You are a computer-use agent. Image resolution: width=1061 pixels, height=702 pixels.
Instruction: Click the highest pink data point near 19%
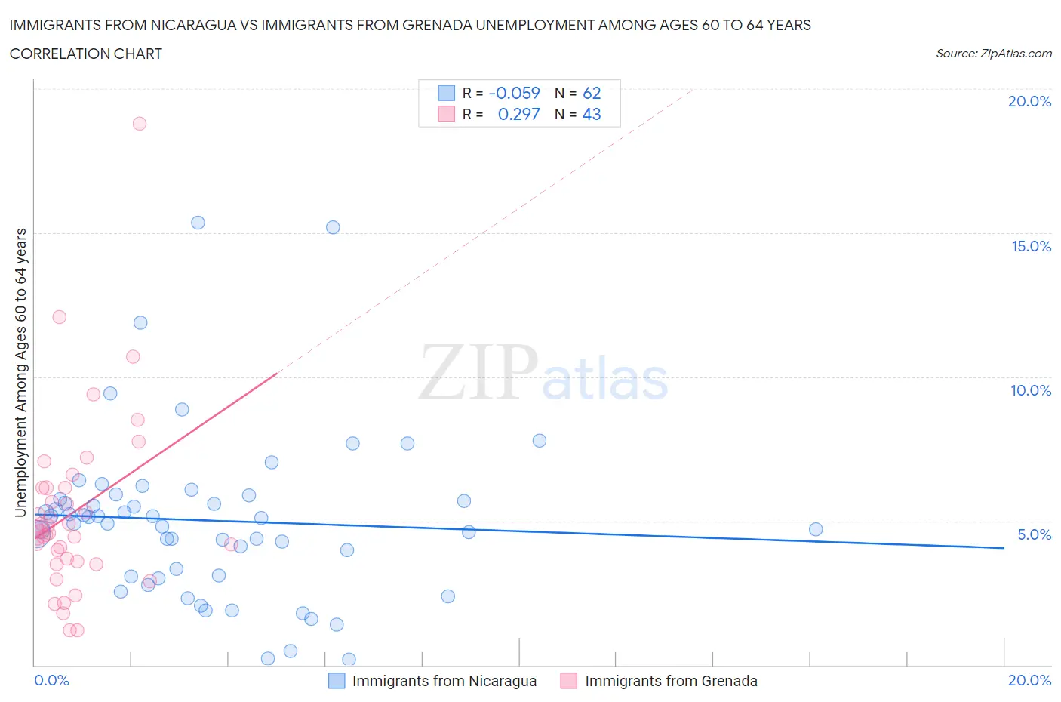tap(140, 124)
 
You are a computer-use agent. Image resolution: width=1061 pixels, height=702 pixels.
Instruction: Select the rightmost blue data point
tap(816, 529)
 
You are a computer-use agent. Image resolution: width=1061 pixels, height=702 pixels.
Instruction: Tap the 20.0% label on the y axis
tap(1029, 101)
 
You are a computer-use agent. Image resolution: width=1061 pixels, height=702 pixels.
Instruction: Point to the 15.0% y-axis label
tap(1031, 246)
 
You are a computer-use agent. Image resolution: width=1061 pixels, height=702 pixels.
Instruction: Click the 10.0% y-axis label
tap(1031, 390)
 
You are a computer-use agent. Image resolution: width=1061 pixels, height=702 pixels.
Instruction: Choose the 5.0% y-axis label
tap(1034, 534)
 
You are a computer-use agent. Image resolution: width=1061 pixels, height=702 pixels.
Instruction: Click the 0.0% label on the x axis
tap(51, 680)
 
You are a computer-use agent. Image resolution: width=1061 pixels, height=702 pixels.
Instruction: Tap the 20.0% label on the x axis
tap(1029, 680)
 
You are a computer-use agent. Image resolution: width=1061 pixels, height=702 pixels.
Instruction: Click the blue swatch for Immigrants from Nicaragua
tap(337, 681)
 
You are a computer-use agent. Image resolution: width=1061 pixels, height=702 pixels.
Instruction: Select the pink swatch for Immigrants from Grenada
tap(569, 681)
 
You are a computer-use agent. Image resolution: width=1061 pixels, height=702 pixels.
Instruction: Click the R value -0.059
tap(515, 93)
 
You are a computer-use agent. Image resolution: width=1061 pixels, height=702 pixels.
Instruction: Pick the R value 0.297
tap(519, 114)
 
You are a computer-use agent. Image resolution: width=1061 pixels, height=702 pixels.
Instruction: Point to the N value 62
tap(592, 93)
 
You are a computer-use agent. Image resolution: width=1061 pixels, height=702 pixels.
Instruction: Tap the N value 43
tap(592, 114)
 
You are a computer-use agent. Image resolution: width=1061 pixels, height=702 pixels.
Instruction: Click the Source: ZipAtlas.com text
tap(993, 53)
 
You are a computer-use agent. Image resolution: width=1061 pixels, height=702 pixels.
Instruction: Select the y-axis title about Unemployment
tap(21, 373)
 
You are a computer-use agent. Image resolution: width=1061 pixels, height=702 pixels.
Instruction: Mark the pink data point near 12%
tap(59, 317)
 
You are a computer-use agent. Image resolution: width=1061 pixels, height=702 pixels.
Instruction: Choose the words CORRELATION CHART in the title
tap(86, 54)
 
